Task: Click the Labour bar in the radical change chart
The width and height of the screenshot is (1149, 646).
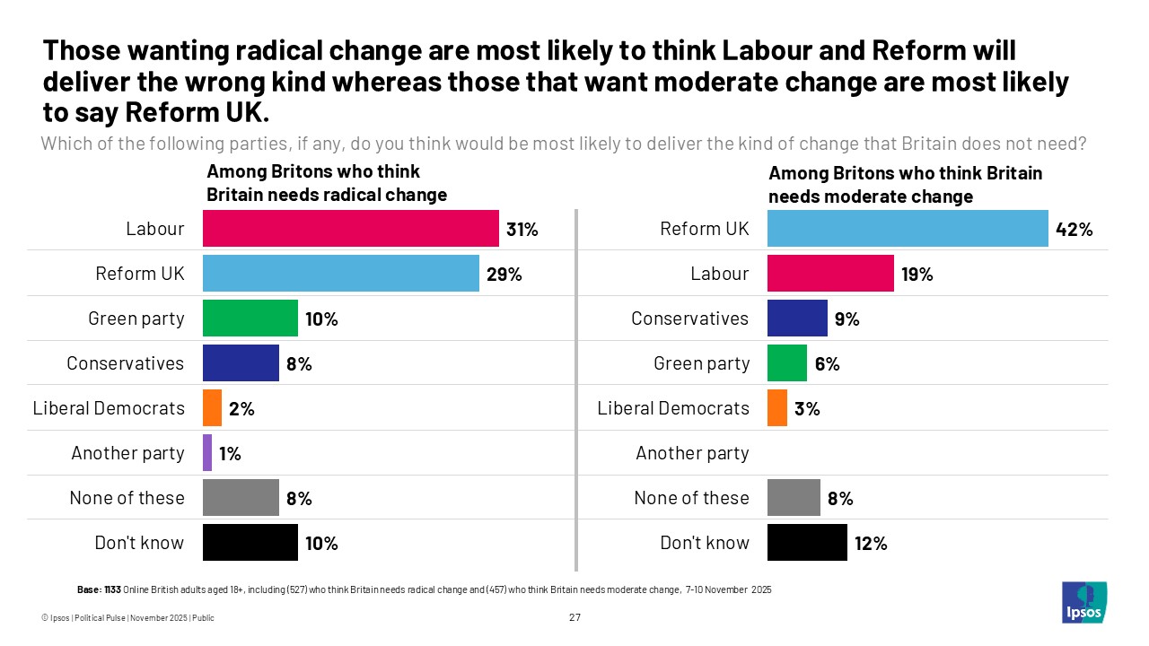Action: click(350, 228)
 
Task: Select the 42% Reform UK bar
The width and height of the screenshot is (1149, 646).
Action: click(908, 228)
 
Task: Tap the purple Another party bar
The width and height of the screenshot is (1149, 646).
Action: click(207, 452)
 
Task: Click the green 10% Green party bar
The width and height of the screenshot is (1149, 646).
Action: click(250, 318)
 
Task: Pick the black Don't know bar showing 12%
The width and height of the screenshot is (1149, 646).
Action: click(807, 542)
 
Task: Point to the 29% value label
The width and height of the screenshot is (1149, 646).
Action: click(504, 274)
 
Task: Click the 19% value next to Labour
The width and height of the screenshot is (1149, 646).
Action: click(917, 274)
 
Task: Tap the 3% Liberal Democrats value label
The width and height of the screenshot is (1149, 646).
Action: click(807, 408)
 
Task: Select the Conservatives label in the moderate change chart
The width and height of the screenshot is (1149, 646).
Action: click(689, 319)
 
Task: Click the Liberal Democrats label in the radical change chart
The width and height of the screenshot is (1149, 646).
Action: click(109, 408)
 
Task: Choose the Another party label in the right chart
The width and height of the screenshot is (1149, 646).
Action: click(692, 453)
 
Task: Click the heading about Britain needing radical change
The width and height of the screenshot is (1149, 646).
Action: click(327, 183)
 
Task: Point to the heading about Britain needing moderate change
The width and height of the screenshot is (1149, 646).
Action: click(905, 184)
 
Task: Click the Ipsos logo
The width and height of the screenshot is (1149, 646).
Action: click(1083, 602)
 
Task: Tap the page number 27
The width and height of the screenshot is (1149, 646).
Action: click(574, 617)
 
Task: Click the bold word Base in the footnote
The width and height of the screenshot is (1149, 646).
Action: click(88, 589)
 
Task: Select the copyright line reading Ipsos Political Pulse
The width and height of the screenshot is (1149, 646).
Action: click(128, 618)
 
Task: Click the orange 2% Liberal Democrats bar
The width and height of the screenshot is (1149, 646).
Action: click(212, 407)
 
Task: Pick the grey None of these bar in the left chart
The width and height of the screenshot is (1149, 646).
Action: click(241, 497)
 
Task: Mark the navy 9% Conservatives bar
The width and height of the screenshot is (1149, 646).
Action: click(797, 318)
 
